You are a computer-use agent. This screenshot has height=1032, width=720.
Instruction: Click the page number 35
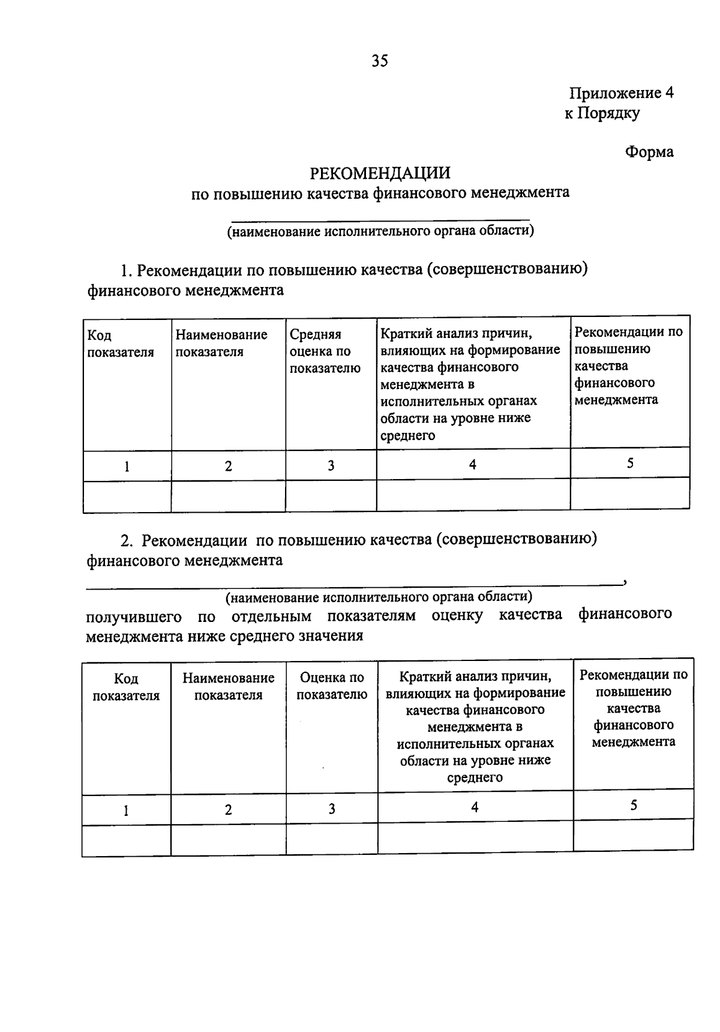coord(380,61)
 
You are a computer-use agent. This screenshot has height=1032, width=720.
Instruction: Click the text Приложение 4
coord(621,93)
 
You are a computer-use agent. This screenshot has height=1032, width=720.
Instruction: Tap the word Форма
coord(649,152)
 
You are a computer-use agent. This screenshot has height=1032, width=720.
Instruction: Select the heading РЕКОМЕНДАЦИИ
coord(380,173)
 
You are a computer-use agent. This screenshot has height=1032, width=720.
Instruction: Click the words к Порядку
coord(602,113)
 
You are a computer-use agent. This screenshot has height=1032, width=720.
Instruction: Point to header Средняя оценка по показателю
coord(325,351)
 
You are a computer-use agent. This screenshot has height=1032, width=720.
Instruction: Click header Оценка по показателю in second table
coord(332,686)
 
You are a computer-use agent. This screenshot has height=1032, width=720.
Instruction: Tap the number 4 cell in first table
coord(473,464)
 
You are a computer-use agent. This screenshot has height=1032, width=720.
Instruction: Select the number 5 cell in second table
coord(634,805)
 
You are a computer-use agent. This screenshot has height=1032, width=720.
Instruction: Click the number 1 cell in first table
coord(127,466)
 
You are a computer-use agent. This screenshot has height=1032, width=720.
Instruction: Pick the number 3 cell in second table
coord(332,809)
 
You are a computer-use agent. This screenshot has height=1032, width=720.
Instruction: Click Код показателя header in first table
coord(121,344)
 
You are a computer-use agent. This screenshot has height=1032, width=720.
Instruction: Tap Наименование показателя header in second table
coord(229,686)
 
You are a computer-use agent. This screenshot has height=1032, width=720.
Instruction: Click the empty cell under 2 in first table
coord(228,496)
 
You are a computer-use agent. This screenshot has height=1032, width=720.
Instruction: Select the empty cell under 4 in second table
coord(475,837)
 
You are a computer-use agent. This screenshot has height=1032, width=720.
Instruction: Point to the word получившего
coord(134,616)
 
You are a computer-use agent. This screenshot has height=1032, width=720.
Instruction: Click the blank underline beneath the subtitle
coord(380,220)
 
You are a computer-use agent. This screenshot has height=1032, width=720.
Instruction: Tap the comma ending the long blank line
coord(625,581)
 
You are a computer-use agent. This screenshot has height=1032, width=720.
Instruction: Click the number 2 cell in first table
coord(228,466)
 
